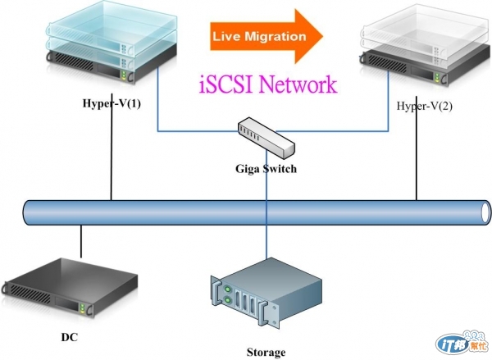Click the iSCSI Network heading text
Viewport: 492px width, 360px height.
click(x=267, y=84)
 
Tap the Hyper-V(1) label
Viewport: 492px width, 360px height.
click(x=112, y=103)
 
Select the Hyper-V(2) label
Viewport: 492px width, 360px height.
click(x=423, y=106)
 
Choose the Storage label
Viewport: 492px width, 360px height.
click(x=266, y=353)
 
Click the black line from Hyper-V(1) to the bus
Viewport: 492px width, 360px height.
click(x=111, y=156)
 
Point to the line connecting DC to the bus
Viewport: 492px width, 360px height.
click(x=80, y=240)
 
